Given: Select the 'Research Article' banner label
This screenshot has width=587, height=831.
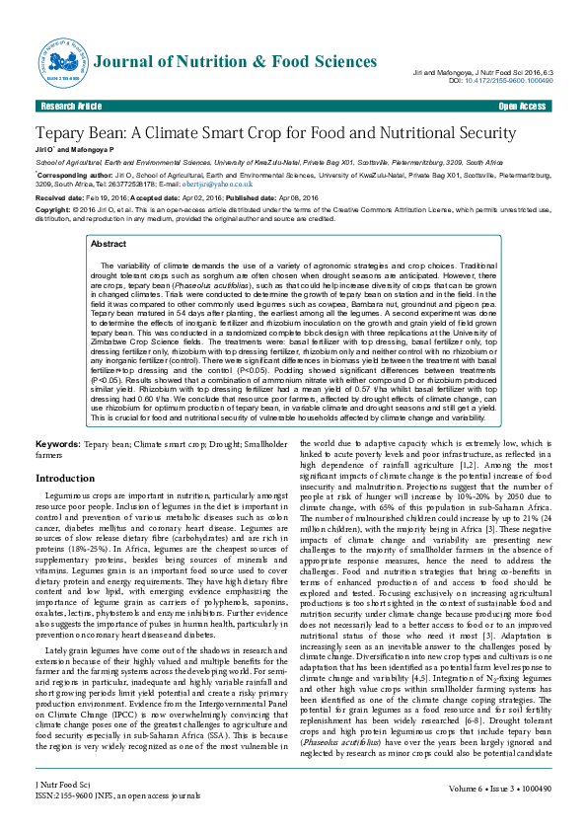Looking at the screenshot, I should (x=70, y=106).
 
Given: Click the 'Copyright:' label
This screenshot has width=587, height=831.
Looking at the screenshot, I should (x=54, y=210).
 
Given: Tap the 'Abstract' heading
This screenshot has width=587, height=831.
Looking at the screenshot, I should (x=108, y=243).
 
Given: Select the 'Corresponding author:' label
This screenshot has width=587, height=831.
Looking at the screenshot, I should (x=69, y=174).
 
